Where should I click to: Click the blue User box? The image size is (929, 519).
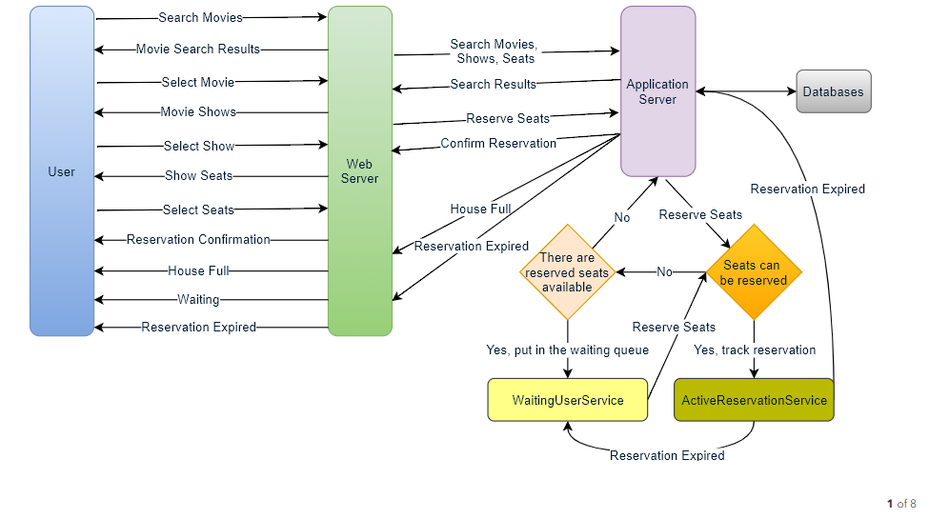pos(62,171)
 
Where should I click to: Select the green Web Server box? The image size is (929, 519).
pos(359,171)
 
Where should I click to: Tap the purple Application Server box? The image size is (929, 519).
pos(657,91)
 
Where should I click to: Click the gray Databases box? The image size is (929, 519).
pos(834,91)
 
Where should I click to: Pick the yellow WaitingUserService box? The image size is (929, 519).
pos(568,400)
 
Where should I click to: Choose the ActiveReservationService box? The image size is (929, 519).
pos(754,400)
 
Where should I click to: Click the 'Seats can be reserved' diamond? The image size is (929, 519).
pos(754,272)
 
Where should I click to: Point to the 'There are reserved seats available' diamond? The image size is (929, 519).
pos(568,272)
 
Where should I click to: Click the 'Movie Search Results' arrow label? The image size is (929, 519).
pos(198,50)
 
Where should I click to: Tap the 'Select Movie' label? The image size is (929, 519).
pos(198,82)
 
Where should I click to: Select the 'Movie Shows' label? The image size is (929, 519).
pos(198,112)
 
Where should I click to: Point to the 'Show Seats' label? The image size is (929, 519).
pos(198,176)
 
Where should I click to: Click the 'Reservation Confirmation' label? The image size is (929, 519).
pos(198,239)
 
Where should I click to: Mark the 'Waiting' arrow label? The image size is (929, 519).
pos(198,300)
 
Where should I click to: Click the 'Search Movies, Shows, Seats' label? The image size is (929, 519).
pos(495,51)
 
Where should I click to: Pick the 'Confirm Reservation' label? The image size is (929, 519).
pos(498,144)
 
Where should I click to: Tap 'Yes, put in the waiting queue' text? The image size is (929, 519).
pos(568,350)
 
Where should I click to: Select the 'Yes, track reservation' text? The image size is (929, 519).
pos(755,350)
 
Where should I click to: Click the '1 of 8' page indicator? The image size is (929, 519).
pos(901,504)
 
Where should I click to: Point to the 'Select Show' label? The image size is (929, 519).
pos(199,146)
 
